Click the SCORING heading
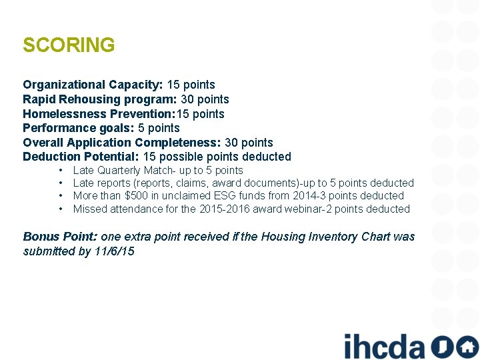coord(69,45)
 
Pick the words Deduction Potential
coord(81,157)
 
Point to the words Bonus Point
coord(60,237)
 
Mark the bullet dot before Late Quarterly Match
coord(61,171)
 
